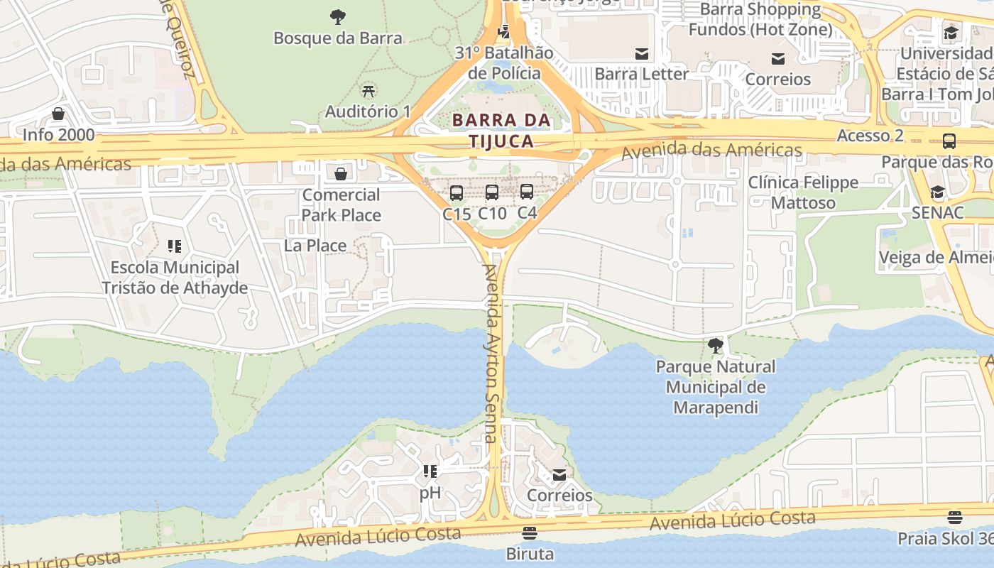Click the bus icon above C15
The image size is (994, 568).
tap(457, 192)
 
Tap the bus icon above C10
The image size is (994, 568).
tap(492, 192)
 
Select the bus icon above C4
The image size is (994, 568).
tap(527, 191)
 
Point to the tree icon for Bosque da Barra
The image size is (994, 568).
tap(338, 16)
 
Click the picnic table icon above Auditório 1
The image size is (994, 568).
tap(368, 90)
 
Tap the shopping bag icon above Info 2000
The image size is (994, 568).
tap(58, 114)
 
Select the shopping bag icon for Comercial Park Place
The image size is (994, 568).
tap(341, 174)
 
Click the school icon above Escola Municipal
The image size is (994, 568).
tap(174, 246)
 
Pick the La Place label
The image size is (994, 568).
tap(315, 246)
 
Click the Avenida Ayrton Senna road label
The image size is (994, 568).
tap(491, 354)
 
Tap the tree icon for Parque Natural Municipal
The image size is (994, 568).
tap(716, 346)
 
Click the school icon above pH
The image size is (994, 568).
tap(430, 471)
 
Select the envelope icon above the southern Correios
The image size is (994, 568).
tap(559, 474)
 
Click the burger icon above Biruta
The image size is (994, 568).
tap(529, 532)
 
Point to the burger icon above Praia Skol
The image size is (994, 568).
tap(954, 518)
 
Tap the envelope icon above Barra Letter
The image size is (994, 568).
tap(642, 53)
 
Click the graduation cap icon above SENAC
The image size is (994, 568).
tap(937, 192)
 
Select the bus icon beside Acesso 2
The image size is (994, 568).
tap(949, 141)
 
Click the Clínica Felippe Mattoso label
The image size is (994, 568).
tap(803, 192)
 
